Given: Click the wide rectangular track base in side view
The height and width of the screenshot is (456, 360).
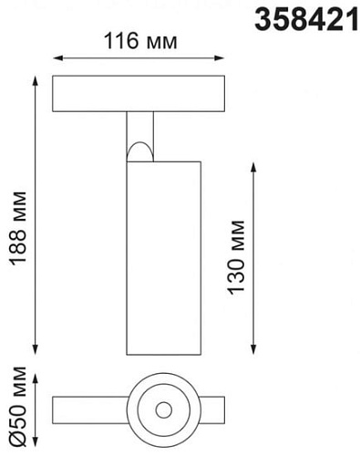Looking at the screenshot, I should coord(140,95).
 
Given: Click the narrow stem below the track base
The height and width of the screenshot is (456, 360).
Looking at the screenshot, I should coord(140,128).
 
